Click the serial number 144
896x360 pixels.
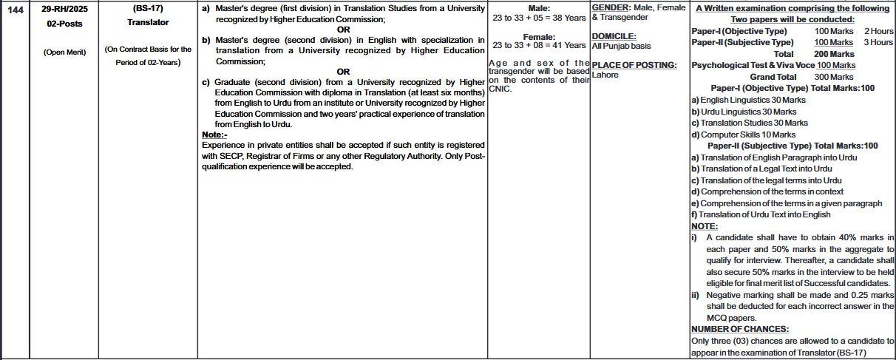point(14,9)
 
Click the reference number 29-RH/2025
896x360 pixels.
point(64,9)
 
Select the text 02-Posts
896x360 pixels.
point(64,24)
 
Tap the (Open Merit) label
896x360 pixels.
point(64,52)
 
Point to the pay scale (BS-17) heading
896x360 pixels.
point(148,9)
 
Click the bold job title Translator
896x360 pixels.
point(148,22)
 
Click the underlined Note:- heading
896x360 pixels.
point(214,135)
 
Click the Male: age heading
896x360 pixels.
point(539,9)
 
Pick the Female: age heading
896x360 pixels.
point(539,37)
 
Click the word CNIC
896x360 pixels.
point(500,89)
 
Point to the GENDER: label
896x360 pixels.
point(611,8)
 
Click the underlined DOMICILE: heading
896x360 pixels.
point(614,36)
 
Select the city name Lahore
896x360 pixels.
point(605,75)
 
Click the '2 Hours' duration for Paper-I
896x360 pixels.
point(878,32)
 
